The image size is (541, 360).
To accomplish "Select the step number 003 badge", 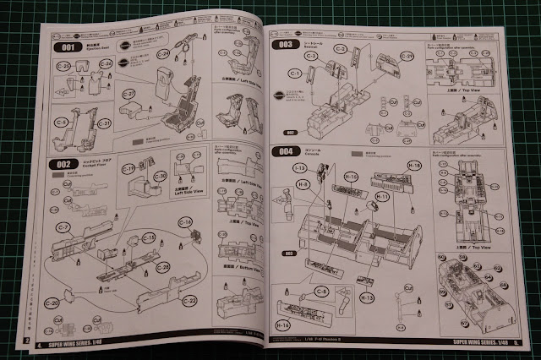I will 286,44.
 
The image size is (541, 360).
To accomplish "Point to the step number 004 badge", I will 287,152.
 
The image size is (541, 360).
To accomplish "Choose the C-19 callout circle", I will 129,170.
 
